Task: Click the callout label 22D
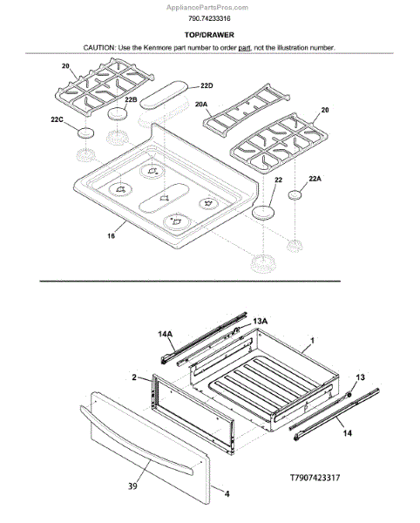207,86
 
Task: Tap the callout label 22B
131,99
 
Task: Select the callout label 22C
57,119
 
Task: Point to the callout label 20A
201,105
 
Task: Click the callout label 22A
315,179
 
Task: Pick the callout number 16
111,236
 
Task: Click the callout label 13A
260,321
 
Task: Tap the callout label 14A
166,334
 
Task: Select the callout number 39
132,486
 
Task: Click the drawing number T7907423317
315,478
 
